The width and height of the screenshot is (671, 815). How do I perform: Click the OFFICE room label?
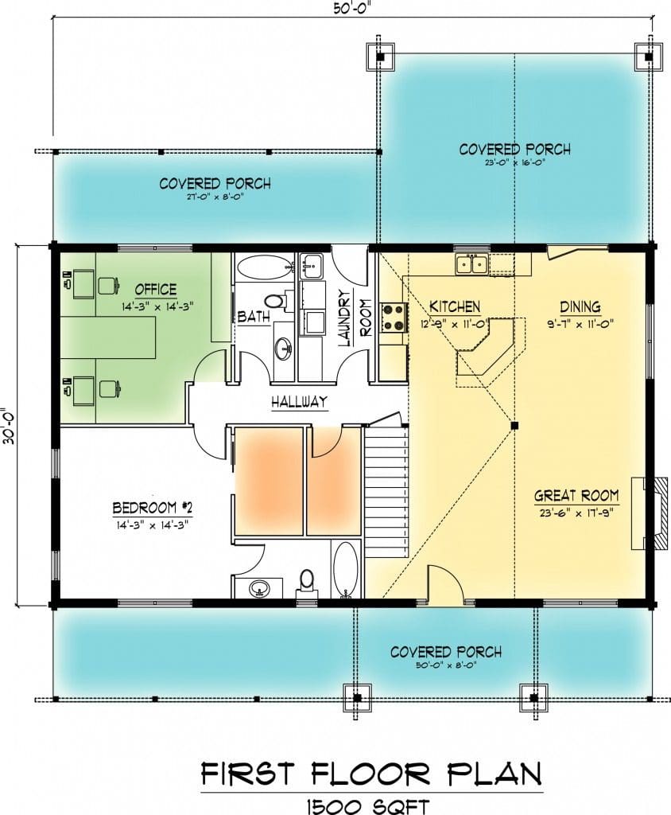[156, 290]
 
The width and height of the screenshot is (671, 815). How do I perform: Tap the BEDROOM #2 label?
[153, 507]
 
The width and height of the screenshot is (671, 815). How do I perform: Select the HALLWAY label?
[299, 401]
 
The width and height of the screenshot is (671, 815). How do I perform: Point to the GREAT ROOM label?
[576, 496]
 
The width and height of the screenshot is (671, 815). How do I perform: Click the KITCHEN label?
[455, 306]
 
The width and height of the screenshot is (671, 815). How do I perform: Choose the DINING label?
[580, 306]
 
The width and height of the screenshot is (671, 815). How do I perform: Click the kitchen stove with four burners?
[394, 318]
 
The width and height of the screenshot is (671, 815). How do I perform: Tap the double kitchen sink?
[471, 264]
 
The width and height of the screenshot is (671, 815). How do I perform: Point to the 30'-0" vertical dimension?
[9, 425]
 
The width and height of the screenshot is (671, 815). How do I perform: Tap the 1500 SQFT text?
[368, 806]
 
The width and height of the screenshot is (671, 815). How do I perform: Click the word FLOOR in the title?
[370, 774]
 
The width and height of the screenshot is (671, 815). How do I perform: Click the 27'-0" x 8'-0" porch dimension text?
[215, 197]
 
